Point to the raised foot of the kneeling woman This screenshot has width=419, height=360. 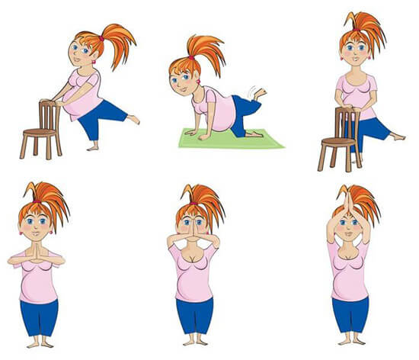(x=260, y=94)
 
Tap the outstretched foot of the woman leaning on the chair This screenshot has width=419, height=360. (x=134, y=119)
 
